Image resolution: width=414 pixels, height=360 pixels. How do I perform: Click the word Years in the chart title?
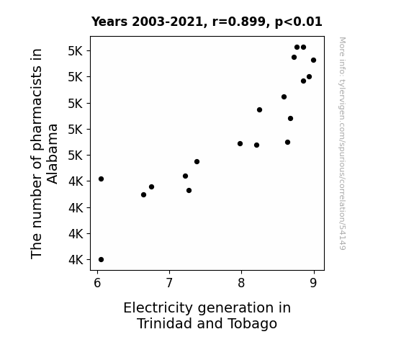pyautogui.click(x=109, y=22)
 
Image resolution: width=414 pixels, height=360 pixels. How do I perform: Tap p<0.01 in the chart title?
pyautogui.click(x=299, y=22)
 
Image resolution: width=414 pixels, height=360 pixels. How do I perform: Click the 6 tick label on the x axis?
pyautogui.click(x=97, y=283)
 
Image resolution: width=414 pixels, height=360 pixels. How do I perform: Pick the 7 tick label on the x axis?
pyautogui.click(x=169, y=283)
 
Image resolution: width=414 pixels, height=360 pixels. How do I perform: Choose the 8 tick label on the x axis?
pyautogui.click(x=241, y=283)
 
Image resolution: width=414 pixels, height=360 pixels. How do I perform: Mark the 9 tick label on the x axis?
pyautogui.click(x=313, y=283)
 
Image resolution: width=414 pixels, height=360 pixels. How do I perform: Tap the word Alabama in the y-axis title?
pyautogui.click(x=52, y=154)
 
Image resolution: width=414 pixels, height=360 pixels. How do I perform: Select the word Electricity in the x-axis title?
pyautogui.click(x=158, y=308)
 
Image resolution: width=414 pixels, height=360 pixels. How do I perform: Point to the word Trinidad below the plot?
pyautogui.click(x=165, y=323)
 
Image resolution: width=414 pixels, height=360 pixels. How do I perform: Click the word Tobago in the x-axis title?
pyautogui.click(x=253, y=324)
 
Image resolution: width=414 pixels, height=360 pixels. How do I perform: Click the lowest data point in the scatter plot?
pyautogui.click(x=101, y=260)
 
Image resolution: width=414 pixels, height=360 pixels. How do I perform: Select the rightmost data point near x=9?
pyautogui.click(x=314, y=60)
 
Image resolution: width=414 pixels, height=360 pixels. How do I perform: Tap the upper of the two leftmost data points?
pyautogui.click(x=101, y=179)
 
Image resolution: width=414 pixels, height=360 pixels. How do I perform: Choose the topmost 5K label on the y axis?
pyautogui.click(x=76, y=51)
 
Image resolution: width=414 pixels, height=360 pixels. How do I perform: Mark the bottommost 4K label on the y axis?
pyautogui.click(x=76, y=260)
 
